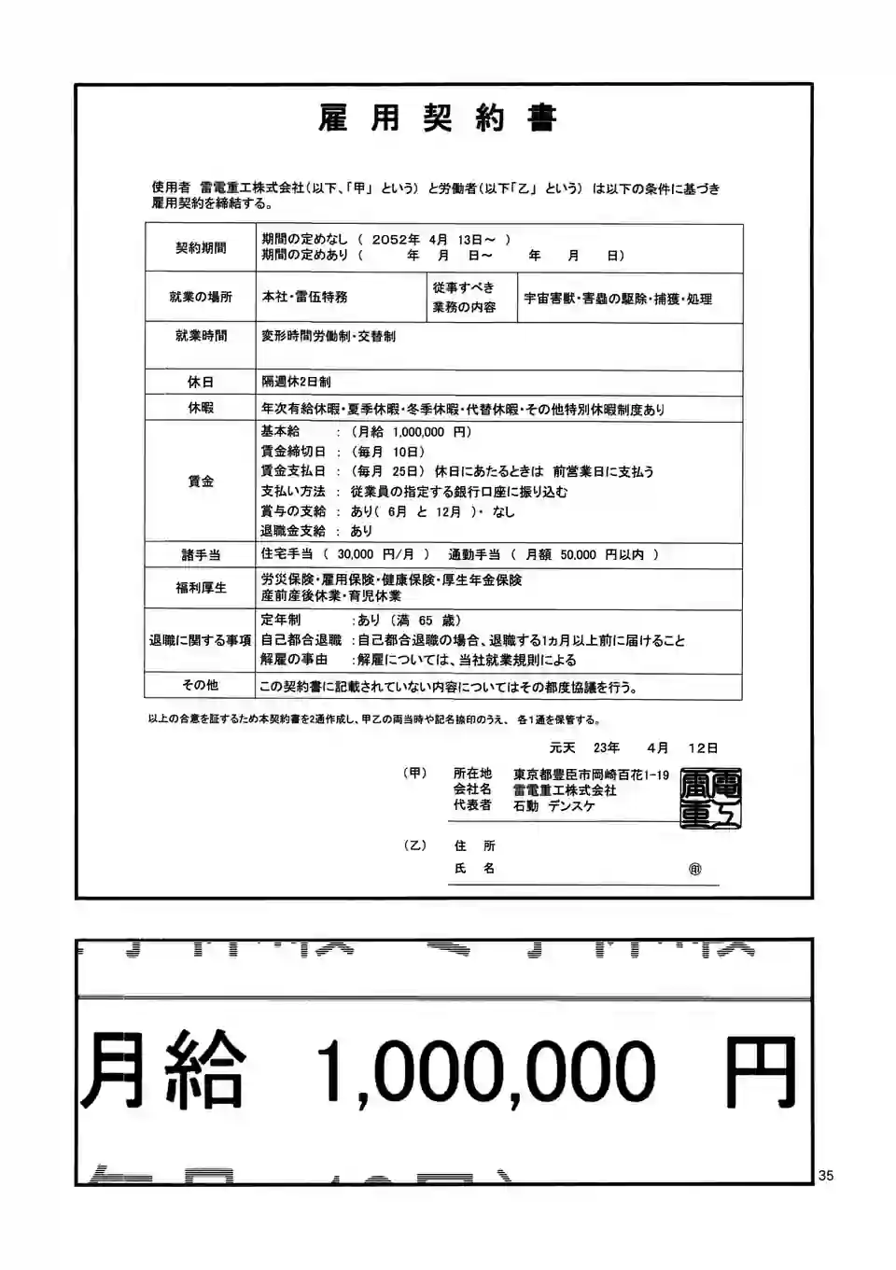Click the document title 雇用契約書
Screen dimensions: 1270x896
coord(437,119)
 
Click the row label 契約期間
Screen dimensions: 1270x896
coord(201,247)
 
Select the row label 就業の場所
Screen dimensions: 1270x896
coord(201,297)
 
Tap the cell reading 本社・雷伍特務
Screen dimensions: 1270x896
coord(304,297)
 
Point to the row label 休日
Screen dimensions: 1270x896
coord(201,382)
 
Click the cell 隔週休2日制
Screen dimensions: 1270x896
coord(296,382)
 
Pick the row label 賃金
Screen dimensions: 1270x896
coord(201,481)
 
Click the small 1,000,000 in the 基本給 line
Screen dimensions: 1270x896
coord(418,432)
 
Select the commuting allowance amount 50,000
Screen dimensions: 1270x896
coord(578,554)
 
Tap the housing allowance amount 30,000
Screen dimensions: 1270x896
coord(356,554)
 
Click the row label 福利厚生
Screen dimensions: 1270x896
coord(201,588)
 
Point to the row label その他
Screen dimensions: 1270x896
coord(201,685)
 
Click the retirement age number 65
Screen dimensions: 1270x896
coord(426,621)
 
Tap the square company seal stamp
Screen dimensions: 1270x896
coord(710,798)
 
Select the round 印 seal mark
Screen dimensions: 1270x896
coord(694,869)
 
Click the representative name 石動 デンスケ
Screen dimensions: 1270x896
coord(553,806)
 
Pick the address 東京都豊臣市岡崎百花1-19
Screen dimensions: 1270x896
coord(591,775)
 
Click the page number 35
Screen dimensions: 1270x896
coord(826,1176)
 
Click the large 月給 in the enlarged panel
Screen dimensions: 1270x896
coord(163,1069)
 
